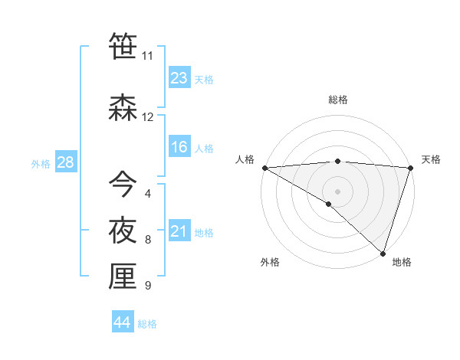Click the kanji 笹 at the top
[x=123, y=47]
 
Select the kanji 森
[x=123, y=108]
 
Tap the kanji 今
[x=123, y=184]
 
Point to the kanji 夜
[x=123, y=231]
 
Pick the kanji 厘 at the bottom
[x=123, y=277]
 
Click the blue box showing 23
[x=179, y=78]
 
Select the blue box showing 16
[x=179, y=147]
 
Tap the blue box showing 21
[x=179, y=231]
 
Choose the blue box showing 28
[x=65, y=162]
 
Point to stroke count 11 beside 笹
[x=147, y=56]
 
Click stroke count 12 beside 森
[x=147, y=117]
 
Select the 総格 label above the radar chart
[x=338, y=100]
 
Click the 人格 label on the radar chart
[x=245, y=159]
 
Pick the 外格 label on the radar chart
[x=270, y=262]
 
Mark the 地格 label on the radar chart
[x=402, y=262]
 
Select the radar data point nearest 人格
[x=264, y=167]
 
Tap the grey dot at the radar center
[x=337, y=191]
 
